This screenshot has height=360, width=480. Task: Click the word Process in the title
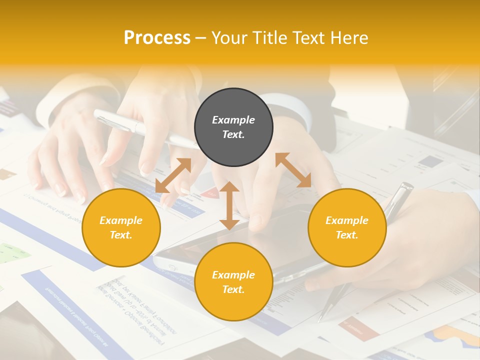[x=157, y=38]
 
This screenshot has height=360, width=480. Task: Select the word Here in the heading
[x=349, y=38]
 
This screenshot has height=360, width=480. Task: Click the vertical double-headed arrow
[x=229, y=205]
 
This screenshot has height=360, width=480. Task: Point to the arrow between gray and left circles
[x=173, y=175]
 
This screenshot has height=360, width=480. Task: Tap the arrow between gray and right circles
[x=293, y=170]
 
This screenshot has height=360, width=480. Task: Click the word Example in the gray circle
[x=233, y=120]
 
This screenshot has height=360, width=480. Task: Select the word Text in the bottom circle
[x=233, y=289]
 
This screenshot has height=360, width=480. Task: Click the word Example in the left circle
[x=121, y=220]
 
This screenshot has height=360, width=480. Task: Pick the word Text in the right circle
[x=347, y=235]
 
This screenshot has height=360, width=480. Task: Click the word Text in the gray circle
[x=233, y=134]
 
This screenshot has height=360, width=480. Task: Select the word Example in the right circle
[x=347, y=220]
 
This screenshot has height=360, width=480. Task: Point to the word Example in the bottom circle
[x=233, y=275]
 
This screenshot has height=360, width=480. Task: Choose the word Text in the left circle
[x=121, y=235]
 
